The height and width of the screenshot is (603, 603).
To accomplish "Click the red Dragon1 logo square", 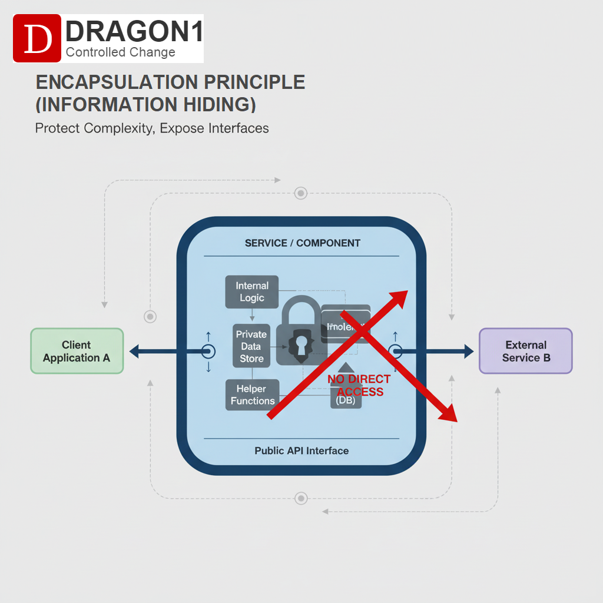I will [x=37, y=38].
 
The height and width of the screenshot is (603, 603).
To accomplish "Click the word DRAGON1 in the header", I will [x=135, y=31].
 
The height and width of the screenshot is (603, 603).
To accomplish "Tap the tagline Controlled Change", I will [x=121, y=52].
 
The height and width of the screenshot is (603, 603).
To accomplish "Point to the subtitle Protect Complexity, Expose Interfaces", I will [x=152, y=128].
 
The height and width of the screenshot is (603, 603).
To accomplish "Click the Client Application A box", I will [x=77, y=351].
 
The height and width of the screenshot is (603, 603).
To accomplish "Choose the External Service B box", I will [x=525, y=351].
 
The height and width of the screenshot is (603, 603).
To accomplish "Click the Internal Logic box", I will [x=252, y=292].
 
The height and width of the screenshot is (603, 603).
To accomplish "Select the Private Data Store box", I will [x=251, y=346].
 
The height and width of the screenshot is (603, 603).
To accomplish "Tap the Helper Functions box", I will [x=253, y=395].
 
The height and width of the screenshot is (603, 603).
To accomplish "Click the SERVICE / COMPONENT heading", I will [x=302, y=243].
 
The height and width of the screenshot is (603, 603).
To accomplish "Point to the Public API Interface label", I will [x=301, y=450].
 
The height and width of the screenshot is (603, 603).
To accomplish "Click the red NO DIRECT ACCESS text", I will [x=359, y=386].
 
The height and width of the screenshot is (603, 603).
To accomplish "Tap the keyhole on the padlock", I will [x=301, y=344].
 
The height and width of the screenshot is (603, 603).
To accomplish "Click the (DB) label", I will [x=346, y=400].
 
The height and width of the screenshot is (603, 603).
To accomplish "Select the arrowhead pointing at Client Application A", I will [x=134, y=352].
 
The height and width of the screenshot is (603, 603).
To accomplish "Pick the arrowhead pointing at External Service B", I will [x=468, y=352].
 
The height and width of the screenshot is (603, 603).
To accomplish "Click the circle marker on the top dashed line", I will [x=301, y=193].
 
